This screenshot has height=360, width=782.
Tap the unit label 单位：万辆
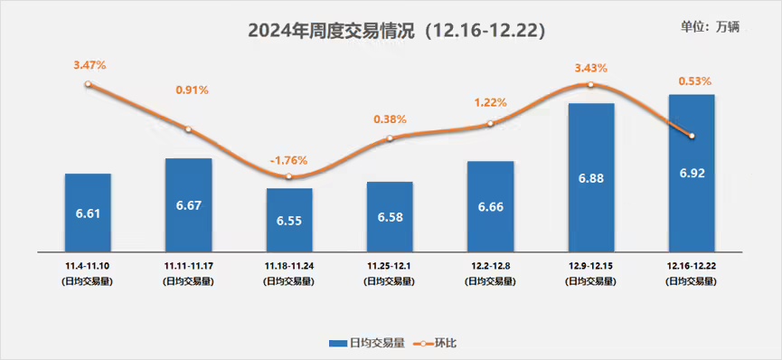710,26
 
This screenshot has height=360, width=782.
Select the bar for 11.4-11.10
88,213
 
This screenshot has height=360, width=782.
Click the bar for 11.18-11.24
288,220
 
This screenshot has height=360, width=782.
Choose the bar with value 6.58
390,216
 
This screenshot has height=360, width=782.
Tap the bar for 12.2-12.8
490,206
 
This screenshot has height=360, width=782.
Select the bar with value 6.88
590,177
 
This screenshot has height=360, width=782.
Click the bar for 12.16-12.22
692,172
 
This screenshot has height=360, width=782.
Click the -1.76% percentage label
289,160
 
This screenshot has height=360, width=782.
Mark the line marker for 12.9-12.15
590,85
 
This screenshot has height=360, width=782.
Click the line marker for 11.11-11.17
188,129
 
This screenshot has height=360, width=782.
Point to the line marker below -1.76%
288,176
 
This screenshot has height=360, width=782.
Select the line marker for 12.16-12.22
692,137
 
